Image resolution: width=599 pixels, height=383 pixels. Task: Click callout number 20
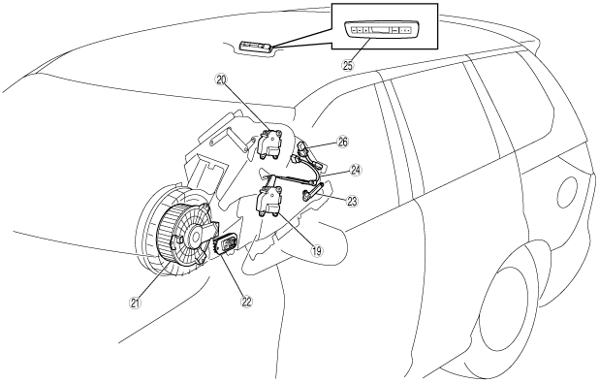pyautogui.click(x=222, y=80)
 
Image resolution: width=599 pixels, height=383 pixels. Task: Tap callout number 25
pyautogui.click(x=348, y=65)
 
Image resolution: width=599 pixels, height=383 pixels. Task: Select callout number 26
pyautogui.click(x=343, y=143)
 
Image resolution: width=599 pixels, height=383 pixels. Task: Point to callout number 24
pyautogui.click(x=356, y=170)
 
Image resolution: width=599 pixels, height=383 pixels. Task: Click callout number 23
pyautogui.click(x=352, y=201)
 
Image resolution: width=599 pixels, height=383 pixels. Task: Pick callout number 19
pyautogui.click(x=317, y=251)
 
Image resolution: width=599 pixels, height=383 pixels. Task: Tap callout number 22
pyautogui.click(x=246, y=302)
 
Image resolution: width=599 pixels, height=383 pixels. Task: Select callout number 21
pyautogui.click(x=135, y=303)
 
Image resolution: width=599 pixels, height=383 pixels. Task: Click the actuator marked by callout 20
pyautogui.click(x=270, y=144)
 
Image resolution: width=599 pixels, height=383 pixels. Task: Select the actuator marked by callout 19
pyautogui.click(x=269, y=201)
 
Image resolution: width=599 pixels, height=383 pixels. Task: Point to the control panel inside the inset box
pyautogui.click(x=383, y=29)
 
